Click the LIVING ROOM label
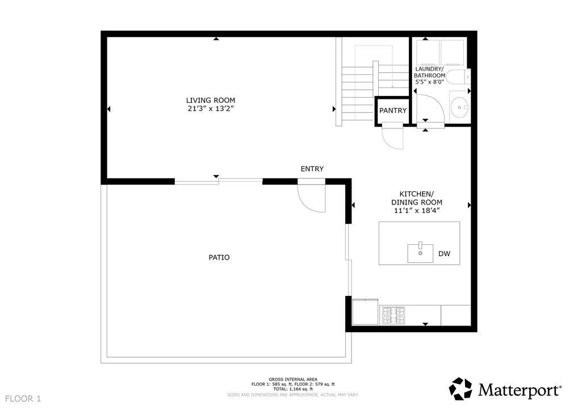211,101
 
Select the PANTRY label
393,111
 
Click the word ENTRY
312,169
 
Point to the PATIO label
219,257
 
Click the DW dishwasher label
444,254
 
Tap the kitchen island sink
420,253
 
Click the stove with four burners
393,315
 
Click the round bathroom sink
460,106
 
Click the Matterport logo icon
460,389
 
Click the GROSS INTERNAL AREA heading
293,379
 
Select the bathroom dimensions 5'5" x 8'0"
430,82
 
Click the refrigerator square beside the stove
366,312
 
